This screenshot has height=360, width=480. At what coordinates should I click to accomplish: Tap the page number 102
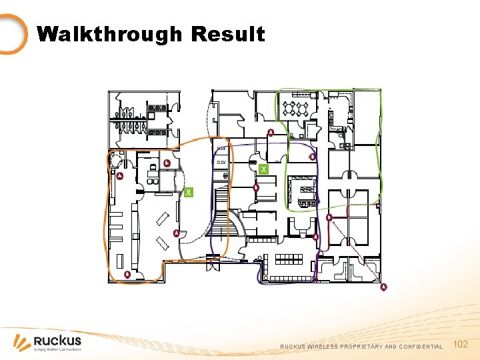460,344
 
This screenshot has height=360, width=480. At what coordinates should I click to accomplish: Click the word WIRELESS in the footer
323,347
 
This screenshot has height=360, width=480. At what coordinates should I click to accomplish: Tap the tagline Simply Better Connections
57,349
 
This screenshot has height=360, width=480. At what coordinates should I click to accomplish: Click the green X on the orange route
189,192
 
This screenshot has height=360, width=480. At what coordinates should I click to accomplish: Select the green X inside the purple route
263,169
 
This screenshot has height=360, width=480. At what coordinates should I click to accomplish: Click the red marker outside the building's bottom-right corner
383,287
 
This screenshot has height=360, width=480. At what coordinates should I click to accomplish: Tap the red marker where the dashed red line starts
329,217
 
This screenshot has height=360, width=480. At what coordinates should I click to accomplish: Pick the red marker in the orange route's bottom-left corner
127,274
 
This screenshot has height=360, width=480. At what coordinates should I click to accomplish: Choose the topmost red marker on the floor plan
271,132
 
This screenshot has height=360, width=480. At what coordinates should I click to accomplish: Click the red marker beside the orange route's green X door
167,163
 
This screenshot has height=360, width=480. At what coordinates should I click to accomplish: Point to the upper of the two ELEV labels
221,148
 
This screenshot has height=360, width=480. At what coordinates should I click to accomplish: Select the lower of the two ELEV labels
221,162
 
